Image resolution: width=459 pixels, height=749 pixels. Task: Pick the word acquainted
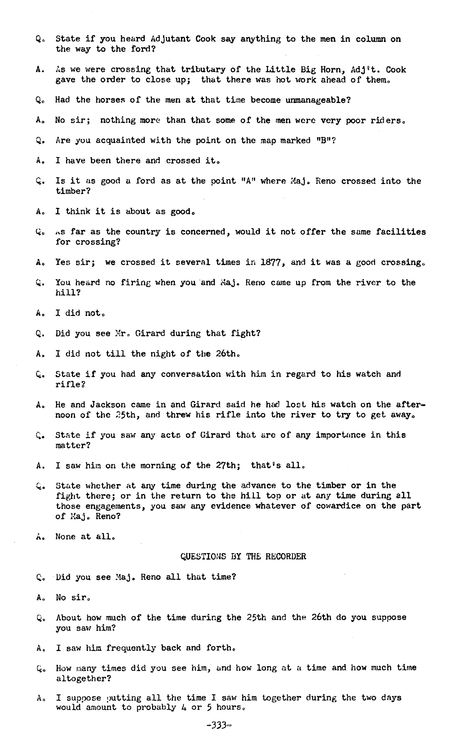pos(120,140)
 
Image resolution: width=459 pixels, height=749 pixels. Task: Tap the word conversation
pos(191,374)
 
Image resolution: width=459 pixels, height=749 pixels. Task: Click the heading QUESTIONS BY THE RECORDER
pos(243,557)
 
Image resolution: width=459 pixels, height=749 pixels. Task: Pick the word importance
pos(340,435)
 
